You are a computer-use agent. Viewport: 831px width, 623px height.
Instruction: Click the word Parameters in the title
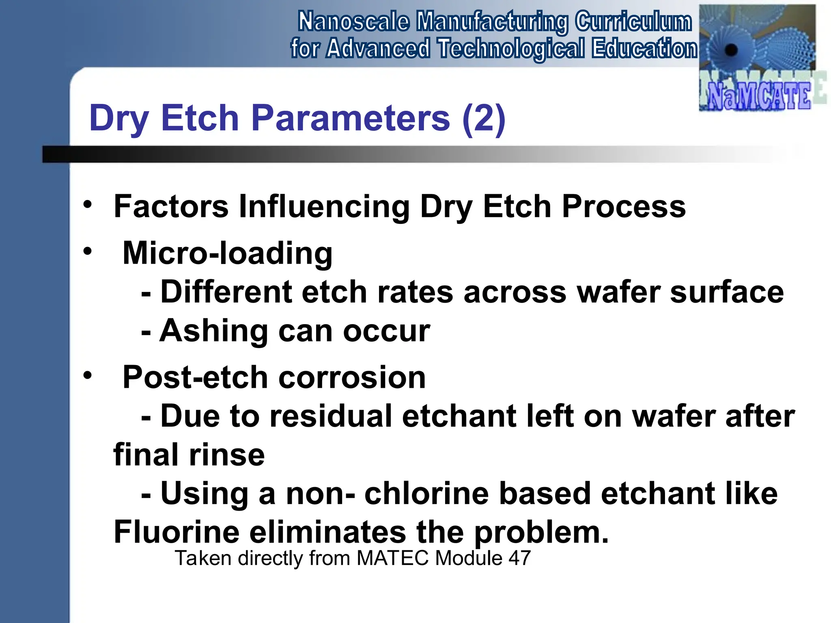351,118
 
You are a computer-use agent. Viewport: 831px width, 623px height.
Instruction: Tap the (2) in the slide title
484,118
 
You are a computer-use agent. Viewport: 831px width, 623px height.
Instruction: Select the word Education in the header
644,48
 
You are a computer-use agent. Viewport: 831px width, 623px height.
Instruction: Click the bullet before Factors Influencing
87,205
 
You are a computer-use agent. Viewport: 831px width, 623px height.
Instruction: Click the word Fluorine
177,532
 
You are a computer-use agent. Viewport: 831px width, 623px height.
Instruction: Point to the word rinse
227,455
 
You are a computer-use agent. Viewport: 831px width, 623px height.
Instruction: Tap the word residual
330,417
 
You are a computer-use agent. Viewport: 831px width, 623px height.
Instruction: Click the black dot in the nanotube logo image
731,50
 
